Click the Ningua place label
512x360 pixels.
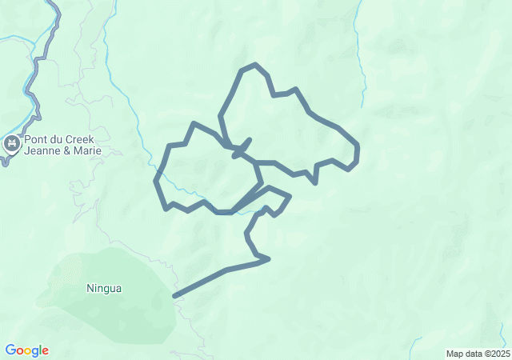[104, 288]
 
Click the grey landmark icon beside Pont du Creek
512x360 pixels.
[11, 144]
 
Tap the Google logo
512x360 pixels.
[26, 350]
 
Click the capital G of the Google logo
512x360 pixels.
[10, 350]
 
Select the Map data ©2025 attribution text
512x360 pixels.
[477, 354]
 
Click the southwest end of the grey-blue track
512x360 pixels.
[174, 296]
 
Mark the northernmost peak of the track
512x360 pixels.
[254, 65]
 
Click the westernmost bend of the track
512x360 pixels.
[156, 179]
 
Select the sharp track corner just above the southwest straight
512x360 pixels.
[268, 258]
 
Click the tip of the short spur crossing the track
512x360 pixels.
[250, 139]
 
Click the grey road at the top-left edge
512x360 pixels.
[54, 6]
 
